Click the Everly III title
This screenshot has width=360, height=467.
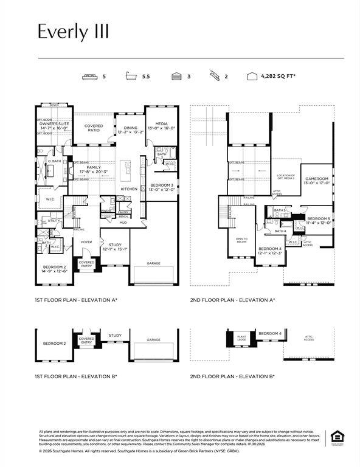pyautogui.click(x=73, y=32)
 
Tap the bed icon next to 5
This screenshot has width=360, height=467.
pyautogui.click(x=89, y=77)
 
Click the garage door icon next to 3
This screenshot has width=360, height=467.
pyautogui.click(x=176, y=77)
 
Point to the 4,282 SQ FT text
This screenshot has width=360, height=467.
pyautogui.click(x=278, y=77)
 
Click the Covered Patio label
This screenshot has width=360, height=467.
pyautogui.click(x=94, y=128)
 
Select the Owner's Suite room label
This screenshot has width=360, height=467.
pyautogui.click(x=54, y=126)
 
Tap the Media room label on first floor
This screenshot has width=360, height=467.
pyautogui.click(x=161, y=126)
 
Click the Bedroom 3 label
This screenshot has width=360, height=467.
pyautogui.click(x=161, y=187)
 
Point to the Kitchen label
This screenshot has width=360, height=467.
pyautogui.click(x=129, y=189)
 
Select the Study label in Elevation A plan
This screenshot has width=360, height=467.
pyautogui.click(x=115, y=246)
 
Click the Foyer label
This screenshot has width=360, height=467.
pyautogui.click(x=86, y=241)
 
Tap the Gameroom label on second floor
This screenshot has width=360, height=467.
pyautogui.click(x=316, y=181)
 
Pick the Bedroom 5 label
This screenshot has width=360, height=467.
pyautogui.click(x=319, y=220)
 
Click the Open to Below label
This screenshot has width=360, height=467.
pyautogui.click(x=241, y=240)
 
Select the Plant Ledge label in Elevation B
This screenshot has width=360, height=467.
pyautogui.click(x=241, y=336)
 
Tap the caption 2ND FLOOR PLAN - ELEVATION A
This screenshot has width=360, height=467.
pyautogui.click(x=232, y=300)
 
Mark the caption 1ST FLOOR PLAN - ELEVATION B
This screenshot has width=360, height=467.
pyautogui.click(x=76, y=376)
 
